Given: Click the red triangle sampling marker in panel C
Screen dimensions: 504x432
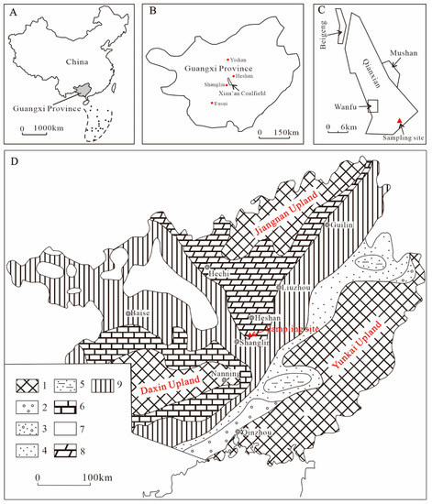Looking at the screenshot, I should click(x=398, y=120).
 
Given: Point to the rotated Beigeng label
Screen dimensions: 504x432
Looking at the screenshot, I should click(x=322, y=36).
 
